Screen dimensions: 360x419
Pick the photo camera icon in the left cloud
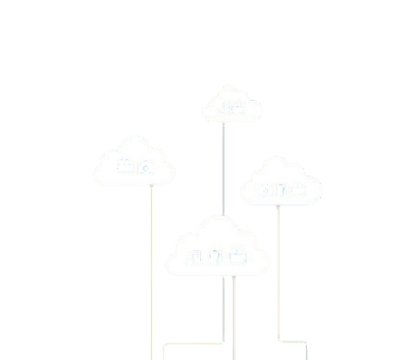point(145,167)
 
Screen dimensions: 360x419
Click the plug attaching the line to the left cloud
point(152,186)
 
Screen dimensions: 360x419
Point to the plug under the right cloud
point(278,207)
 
